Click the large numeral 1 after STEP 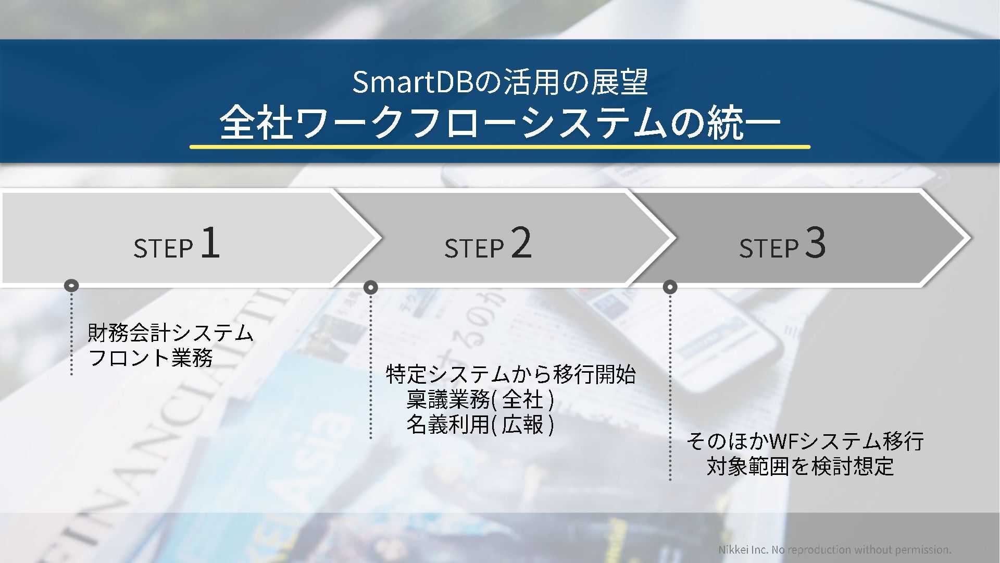pyautogui.click(x=210, y=242)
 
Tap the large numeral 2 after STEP pyautogui.click(x=521, y=242)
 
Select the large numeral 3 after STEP pyautogui.click(x=816, y=242)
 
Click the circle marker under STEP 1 pyautogui.click(x=72, y=286)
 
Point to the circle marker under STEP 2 pyautogui.click(x=370, y=287)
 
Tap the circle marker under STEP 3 pyautogui.click(x=670, y=287)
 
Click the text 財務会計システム pyautogui.click(x=170, y=333)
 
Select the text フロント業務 pyautogui.click(x=151, y=358)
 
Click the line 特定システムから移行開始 pyautogui.click(x=510, y=374)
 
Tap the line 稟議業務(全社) pyautogui.click(x=480, y=400)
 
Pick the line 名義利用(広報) pyautogui.click(x=480, y=425)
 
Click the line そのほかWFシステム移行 pyautogui.click(x=805, y=442)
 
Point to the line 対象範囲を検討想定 pyautogui.click(x=800, y=467)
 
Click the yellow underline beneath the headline pyautogui.click(x=500, y=147)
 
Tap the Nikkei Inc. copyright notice pyautogui.click(x=834, y=549)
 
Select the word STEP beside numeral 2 pyautogui.click(x=474, y=248)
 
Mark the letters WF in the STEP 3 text pyautogui.click(x=783, y=442)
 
